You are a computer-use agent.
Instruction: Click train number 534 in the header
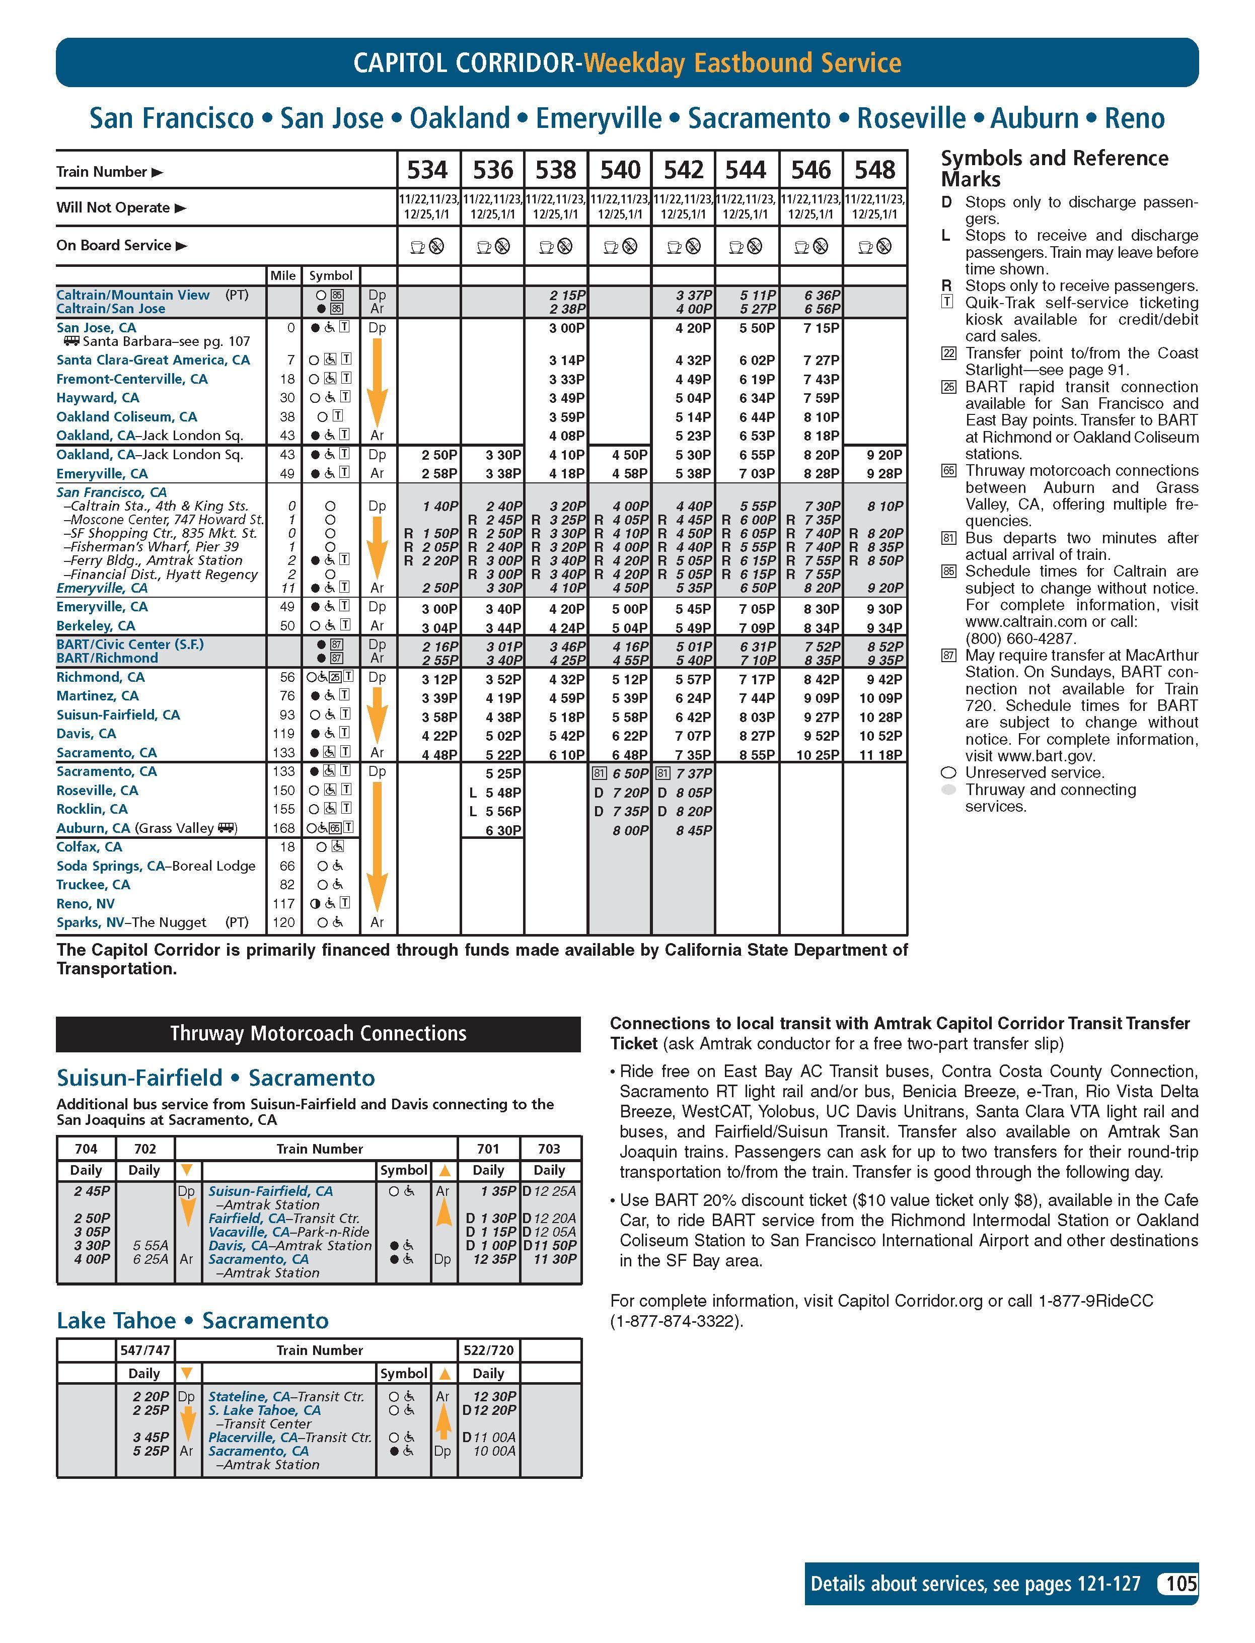[427, 170]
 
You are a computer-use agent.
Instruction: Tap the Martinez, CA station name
[97, 695]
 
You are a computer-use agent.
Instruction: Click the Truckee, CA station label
[93, 885]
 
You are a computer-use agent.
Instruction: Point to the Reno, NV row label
[85, 903]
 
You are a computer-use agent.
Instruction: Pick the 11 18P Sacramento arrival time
[881, 755]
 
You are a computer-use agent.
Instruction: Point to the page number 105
[1181, 1583]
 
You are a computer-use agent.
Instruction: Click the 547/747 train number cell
[145, 1350]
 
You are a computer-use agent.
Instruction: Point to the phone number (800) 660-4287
[1020, 639]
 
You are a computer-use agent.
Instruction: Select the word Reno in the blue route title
[1134, 118]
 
